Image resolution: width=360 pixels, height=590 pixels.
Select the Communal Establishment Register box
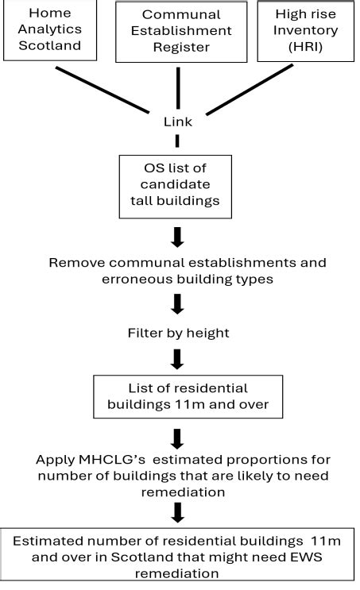(177, 31)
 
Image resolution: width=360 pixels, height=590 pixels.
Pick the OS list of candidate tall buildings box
(176, 187)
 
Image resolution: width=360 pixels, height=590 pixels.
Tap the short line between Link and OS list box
(177, 141)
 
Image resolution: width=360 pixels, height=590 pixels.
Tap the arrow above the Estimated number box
(177, 515)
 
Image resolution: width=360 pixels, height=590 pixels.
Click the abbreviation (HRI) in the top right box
(305, 48)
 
